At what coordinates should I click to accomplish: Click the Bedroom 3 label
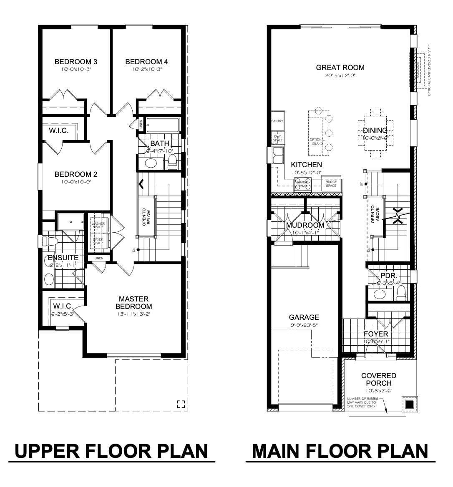[75, 62]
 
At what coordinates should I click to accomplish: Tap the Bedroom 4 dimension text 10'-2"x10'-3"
[146, 70]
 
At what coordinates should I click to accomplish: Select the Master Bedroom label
[133, 303]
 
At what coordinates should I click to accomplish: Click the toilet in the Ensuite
[50, 241]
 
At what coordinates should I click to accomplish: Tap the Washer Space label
[98, 225]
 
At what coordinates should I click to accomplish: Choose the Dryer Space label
[98, 241]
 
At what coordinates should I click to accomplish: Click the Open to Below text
[146, 217]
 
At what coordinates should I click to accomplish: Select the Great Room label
[340, 68]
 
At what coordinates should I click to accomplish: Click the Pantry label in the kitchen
[277, 121]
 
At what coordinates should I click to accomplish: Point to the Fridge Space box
[331, 183]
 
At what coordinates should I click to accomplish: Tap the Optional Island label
[317, 141]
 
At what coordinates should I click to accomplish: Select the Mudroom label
[305, 225]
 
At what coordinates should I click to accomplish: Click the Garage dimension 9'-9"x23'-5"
[304, 325]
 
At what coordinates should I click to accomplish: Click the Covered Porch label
[378, 379]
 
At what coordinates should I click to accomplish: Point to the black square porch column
[410, 404]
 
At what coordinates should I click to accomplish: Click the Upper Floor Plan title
[111, 451]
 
